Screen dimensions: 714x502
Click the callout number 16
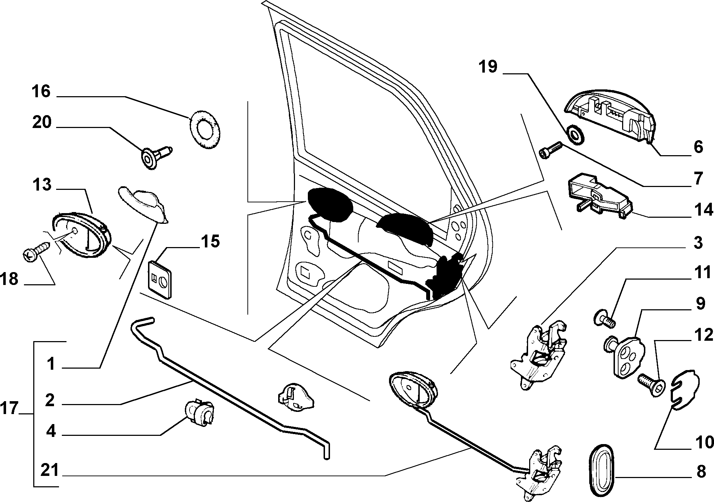coord(41,92)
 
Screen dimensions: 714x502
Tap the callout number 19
coord(488,67)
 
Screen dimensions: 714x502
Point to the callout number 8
coord(701,471)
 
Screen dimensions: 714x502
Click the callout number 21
coord(49,470)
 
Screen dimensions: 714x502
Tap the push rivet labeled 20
coord(156,156)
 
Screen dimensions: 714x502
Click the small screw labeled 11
coord(604,319)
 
